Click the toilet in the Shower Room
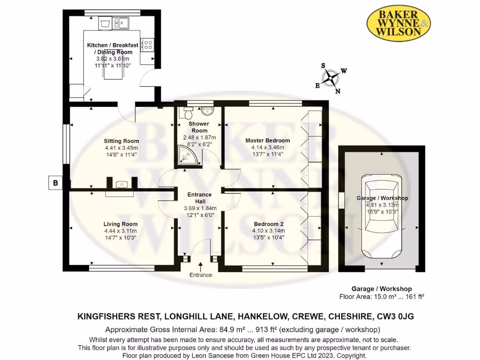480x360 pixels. coord(188,112)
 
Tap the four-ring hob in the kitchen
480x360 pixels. coord(147,45)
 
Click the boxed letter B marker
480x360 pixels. coord(55,183)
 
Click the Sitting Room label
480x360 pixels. coord(121,141)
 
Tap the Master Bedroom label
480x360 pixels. coord(268,140)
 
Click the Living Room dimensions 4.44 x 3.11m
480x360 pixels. coord(121,231)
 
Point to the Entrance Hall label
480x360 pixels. coord(200,197)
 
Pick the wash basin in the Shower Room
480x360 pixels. coord(207,112)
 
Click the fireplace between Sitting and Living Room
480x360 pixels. coord(121,185)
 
